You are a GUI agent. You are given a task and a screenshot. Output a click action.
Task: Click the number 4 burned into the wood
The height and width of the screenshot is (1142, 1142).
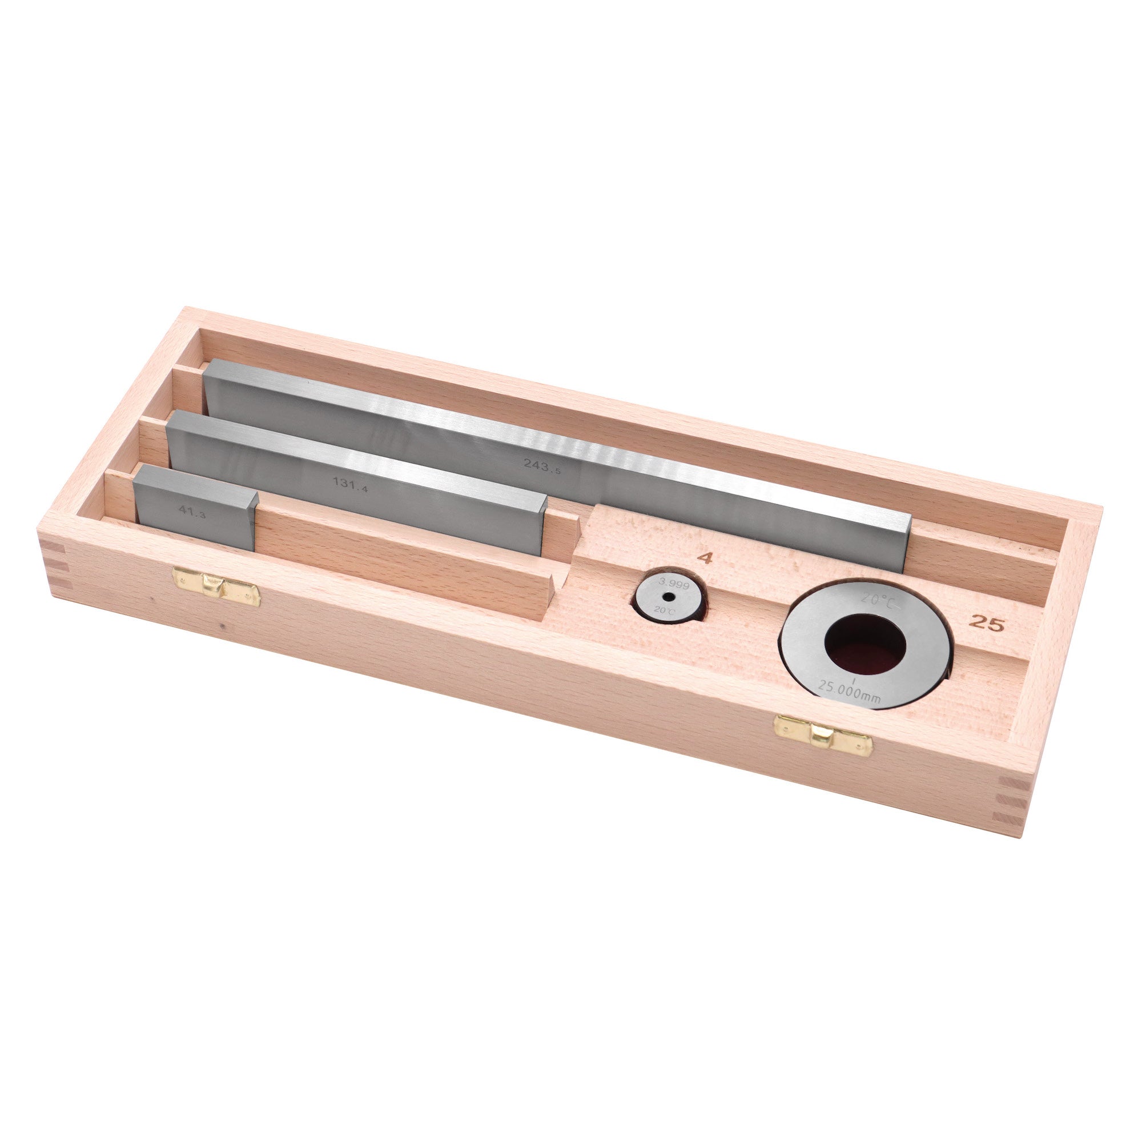click(705, 557)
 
